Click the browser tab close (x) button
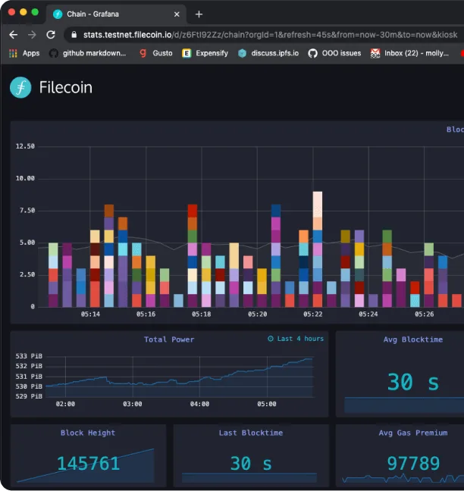[x=177, y=14]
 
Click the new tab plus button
[x=199, y=14]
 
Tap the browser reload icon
[x=51, y=34]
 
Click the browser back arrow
[x=13, y=34]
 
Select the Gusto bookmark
[x=156, y=53]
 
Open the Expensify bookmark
[x=205, y=53]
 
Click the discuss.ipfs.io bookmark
[x=268, y=53]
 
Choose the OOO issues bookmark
[x=334, y=53]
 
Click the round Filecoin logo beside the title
[x=20, y=87]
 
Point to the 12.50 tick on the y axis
[x=25, y=146]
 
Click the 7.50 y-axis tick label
[x=27, y=211]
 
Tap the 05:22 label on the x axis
[x=312, y=314]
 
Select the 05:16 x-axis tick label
[x=146, y=314]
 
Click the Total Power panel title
[x=169, y=339]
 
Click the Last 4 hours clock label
[x=296, y=339]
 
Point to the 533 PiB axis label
[x=29, y=356]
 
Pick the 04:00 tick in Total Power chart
[x=199, y=404]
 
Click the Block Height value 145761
[x=89, y=464]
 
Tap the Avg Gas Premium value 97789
[x=413, y=464]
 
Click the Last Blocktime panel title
[x=251, y=433]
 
